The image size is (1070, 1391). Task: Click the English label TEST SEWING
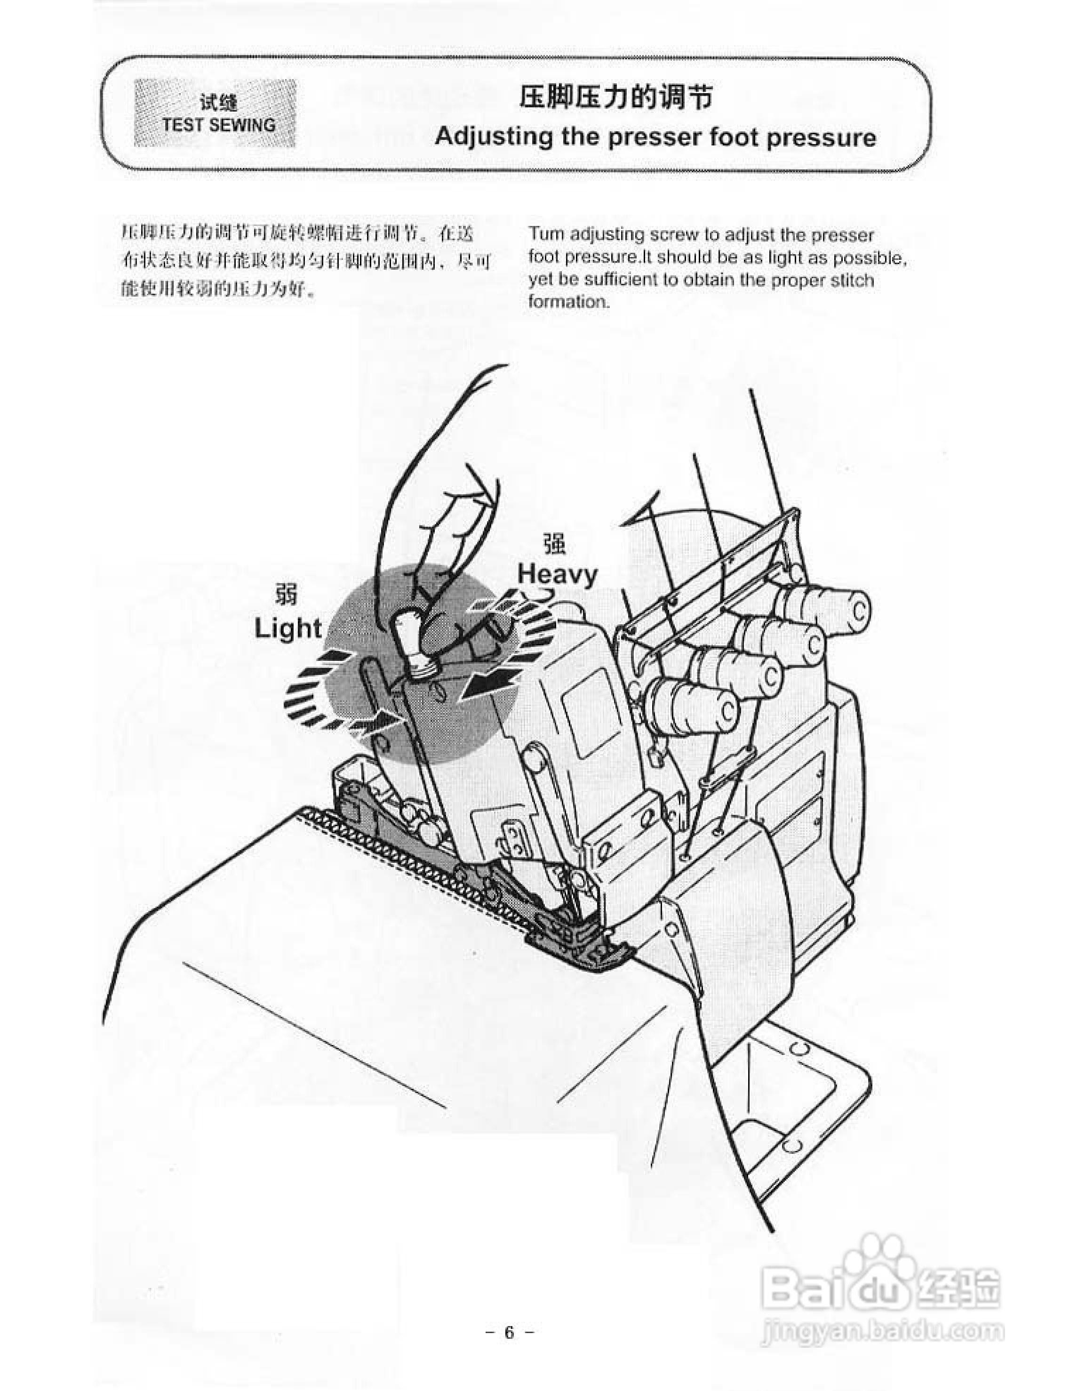[218, 124]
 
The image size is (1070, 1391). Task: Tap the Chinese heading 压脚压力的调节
[615, 97]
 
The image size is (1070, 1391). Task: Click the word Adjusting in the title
[493, 137]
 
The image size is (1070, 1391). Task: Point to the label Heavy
[557, 574]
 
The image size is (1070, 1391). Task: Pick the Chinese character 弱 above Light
[286, 595]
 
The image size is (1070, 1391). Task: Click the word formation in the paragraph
[568, 301]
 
